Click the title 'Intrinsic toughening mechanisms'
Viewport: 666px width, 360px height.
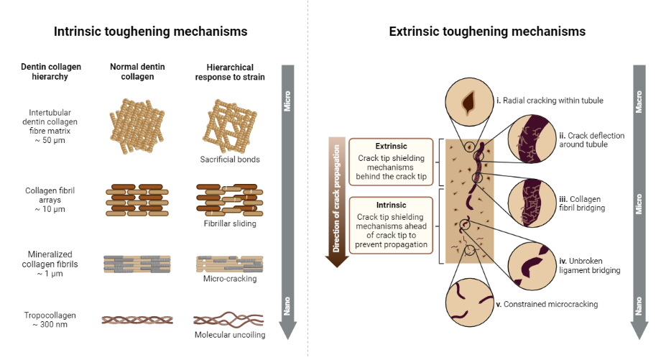[151, 32]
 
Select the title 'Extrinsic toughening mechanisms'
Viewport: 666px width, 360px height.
[487, 32]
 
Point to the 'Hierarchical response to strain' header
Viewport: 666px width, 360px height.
[225, 72]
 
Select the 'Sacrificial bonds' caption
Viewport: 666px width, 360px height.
[225, 159]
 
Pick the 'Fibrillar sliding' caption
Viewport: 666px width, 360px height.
[225, 223]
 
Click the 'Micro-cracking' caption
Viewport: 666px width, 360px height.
[225, 279]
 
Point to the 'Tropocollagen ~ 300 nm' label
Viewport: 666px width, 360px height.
[50, 319]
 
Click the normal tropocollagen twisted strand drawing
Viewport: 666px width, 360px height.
[137, 320]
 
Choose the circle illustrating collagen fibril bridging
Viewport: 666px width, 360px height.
[532, 203]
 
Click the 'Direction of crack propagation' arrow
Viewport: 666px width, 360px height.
[336, 201]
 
